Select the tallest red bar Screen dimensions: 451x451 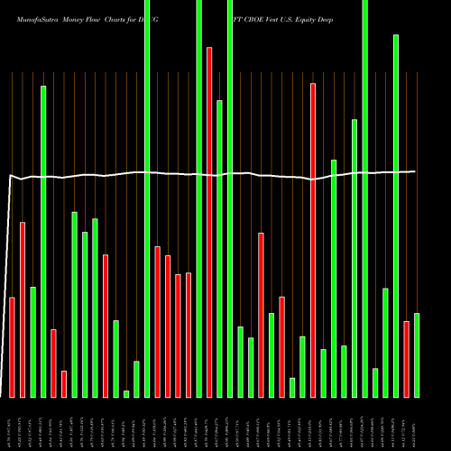pyautogui.click(x=209, y=222)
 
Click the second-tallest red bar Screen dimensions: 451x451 pyautogui.click(x=313, y=240)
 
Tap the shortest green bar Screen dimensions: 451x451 pyautogui.click(x=126, y=393)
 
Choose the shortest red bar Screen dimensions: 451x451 pyautogui.click(x=89, y=383)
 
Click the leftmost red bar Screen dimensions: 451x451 pyautogui.click(x=13, y=347)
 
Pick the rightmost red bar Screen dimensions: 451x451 pyautogui.click(x=407, y=359)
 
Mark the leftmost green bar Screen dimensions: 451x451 pyautogui.click(x=32, y=342)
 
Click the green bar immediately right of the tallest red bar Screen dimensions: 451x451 pyautogui.click(x=219, y=248)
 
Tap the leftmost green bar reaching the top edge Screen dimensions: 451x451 pyautogui.click(x=147, y=198)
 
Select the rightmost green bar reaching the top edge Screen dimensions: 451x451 pyautogui.click(x=365, y=198)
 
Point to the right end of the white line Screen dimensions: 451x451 pyautogui.click(x=416, y=171)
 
